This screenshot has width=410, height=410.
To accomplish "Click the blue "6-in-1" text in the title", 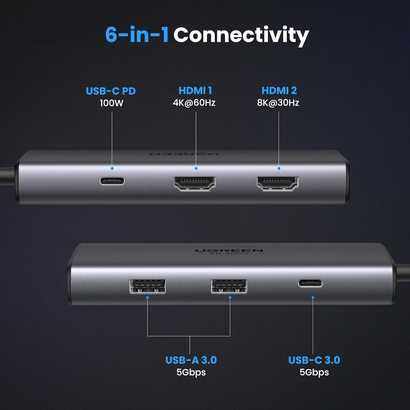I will point(137,34).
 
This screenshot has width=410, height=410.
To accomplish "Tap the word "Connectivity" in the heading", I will point(241,36).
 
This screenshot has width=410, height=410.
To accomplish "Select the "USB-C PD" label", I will point(111,91).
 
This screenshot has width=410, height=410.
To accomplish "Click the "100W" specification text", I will point(112,103).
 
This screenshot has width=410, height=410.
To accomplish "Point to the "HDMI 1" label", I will point(195,90).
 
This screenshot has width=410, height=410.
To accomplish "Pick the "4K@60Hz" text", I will point(194,103).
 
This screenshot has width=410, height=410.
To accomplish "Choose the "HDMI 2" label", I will point(279,90).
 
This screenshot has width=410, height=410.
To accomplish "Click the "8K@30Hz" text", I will point(278,103).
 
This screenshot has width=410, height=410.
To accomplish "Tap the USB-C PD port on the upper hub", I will point(112,181).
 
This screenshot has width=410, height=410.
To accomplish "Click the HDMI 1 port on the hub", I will point(195,183).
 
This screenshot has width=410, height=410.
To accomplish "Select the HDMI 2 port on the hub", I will point(278,183).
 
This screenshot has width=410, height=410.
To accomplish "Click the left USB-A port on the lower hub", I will point(147,286).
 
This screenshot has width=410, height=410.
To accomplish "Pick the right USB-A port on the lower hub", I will point(229,286).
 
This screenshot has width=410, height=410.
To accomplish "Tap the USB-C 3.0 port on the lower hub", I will point(310,283).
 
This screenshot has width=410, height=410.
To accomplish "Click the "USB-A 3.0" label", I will point(191,360).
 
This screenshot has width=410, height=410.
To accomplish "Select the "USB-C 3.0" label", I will point(314,360).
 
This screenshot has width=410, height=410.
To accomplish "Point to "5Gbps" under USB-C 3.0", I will point(314,372).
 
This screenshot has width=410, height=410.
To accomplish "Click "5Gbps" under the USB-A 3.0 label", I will point(191,372).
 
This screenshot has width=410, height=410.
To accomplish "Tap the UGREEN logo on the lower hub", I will point(229,251).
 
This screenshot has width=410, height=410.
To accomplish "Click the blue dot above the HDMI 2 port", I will point(279,168).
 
